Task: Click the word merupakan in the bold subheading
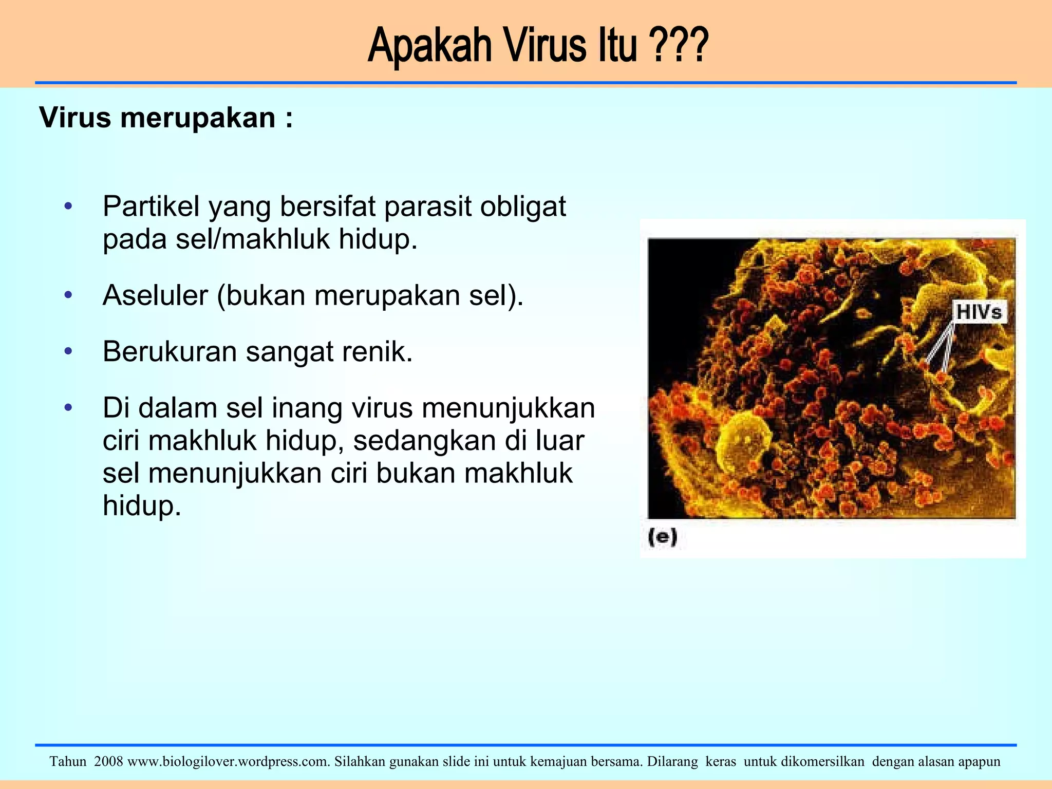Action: click(x=197, y=118)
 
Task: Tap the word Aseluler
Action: click(x=155, y=295)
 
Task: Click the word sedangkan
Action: click(x=424, y=441)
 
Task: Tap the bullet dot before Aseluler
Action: click(x=68, y=295)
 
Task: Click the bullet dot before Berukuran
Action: click(x=68, y=352)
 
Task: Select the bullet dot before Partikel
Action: click(x=68, y=206)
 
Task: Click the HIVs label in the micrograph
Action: click(x=979, y=312)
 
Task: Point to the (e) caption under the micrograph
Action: click(x=663, y=537)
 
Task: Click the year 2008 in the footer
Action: click(x=109, y=761)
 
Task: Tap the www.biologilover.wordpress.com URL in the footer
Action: click(x=228, y=761)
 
